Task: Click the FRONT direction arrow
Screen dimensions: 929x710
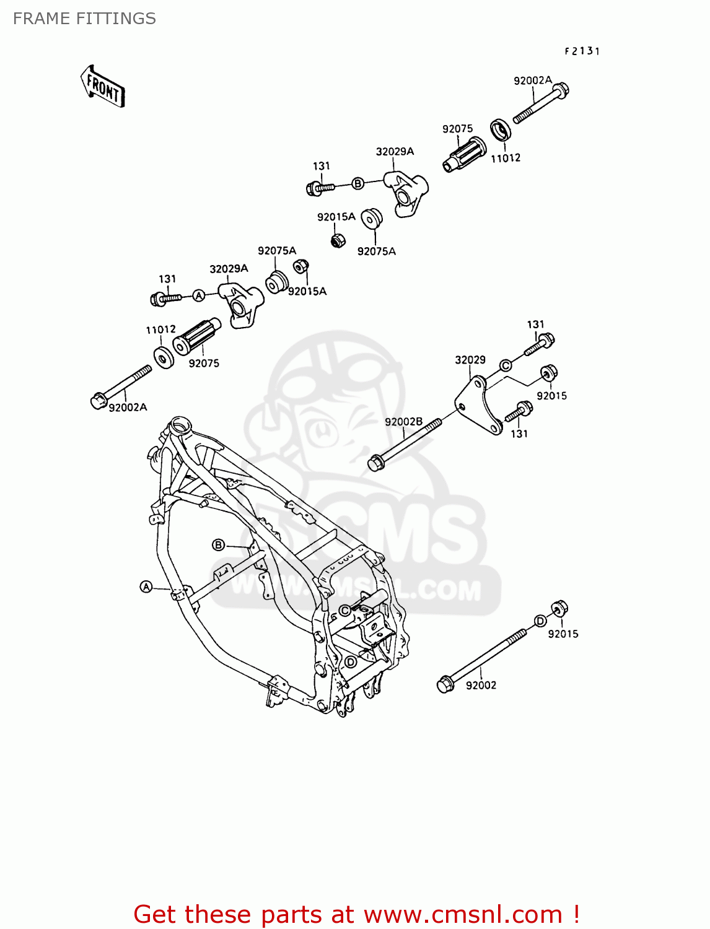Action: [x=103, y=87]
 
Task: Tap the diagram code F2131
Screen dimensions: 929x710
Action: [x=582, y=51]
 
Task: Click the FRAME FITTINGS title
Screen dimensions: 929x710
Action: [x=84, y=19]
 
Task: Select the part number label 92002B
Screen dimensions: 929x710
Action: [x=403, y=422]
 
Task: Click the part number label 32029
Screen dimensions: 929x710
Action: [x=470, y=360]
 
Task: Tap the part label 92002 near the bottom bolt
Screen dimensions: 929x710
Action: [x=481, y=685]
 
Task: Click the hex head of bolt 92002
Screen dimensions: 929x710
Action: [x=445, y=685]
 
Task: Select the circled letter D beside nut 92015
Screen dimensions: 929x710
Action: [x=540, y=621]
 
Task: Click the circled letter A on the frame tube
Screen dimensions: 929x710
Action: [x=146, y=587]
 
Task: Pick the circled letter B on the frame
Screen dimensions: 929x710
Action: [x=218, y=544]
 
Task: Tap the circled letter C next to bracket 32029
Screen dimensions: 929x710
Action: [x=506, y=365]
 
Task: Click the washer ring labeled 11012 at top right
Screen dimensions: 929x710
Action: [x=501, y=131]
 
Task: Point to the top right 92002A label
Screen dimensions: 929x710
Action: [x=532, y=81]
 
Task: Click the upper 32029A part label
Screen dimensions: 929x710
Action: [x=395, y=152]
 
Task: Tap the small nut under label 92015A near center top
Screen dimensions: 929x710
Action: [x=337, y=240]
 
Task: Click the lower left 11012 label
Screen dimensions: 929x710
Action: [x=160, y=329]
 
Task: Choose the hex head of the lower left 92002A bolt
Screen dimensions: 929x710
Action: [x=98, y=401]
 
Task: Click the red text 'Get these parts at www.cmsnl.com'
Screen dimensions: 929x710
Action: [x=356, y=914]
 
